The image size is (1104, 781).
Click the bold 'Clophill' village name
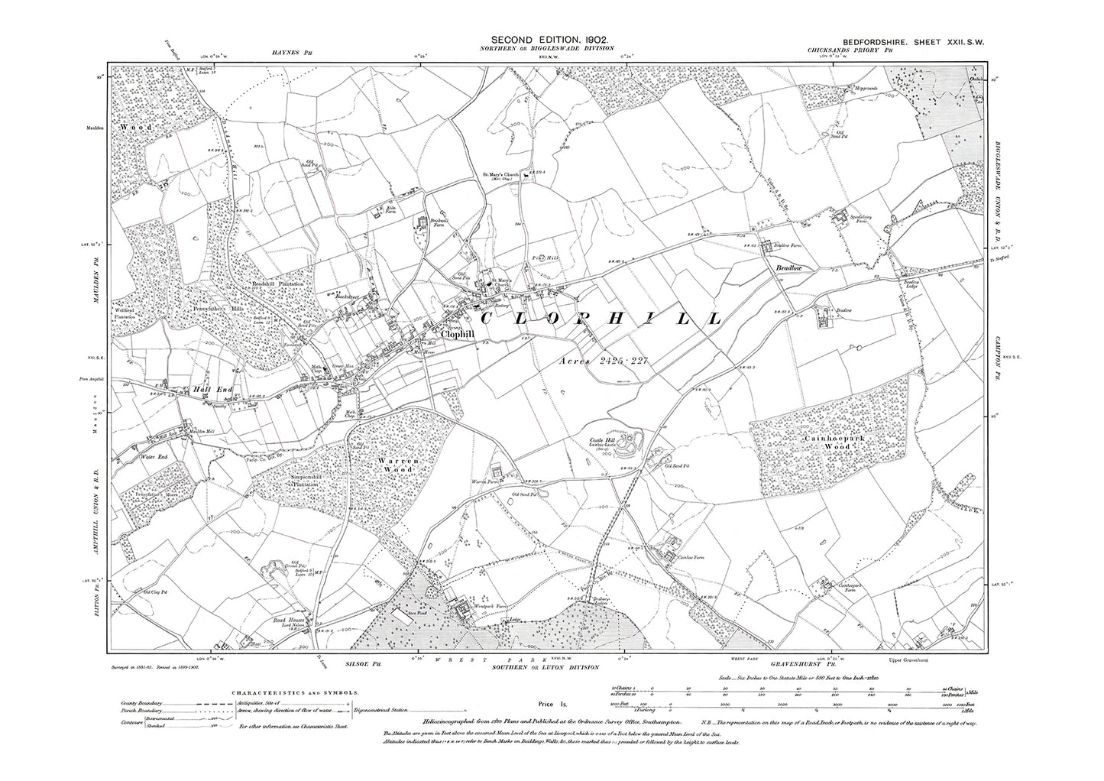[x=456, y=335]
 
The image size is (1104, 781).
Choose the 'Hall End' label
[x=213, y=388]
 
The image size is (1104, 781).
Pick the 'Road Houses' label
[x=289, y=621]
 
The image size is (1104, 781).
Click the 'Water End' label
[x=153, y=456]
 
